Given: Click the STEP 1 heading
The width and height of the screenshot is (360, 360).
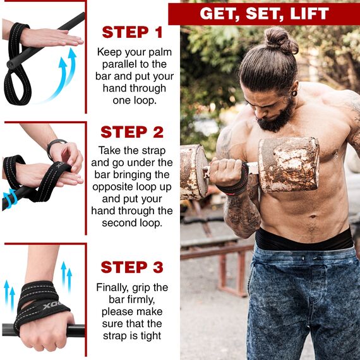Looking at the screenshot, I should pyautogui.click(x=132, y=32).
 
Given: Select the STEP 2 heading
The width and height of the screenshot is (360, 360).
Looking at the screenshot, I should pyautogui.click(x=132, y=132).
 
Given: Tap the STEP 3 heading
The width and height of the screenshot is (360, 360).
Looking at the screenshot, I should pyautogui.click(x=132, y=267).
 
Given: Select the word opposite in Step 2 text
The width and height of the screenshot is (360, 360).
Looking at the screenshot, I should pyautogui.click(x=122, y=188).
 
